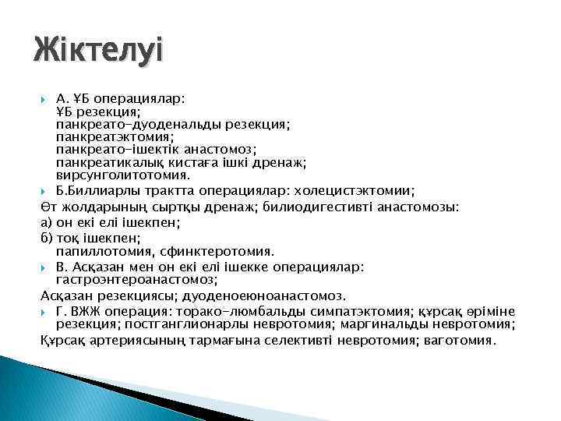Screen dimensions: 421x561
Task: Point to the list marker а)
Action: tap(46, 222)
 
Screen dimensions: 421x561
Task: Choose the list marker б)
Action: tap(46, 237)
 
